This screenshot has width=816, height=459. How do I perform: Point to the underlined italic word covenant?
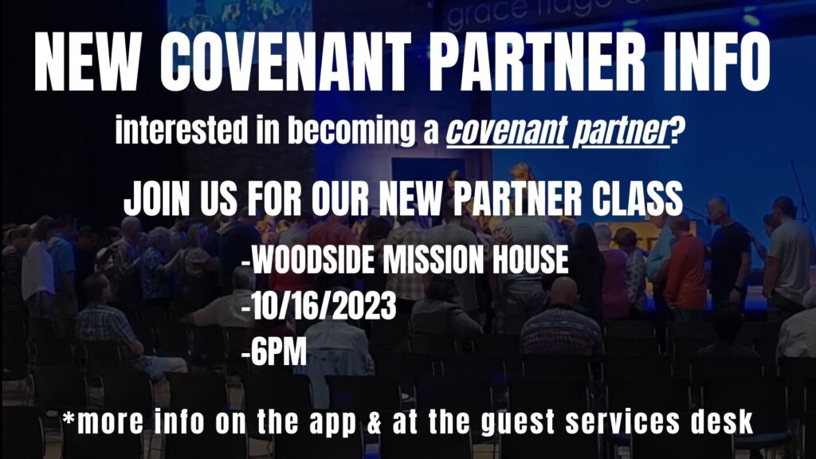(x=506, y=131)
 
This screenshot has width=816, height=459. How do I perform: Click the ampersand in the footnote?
(x=375, y=422)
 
